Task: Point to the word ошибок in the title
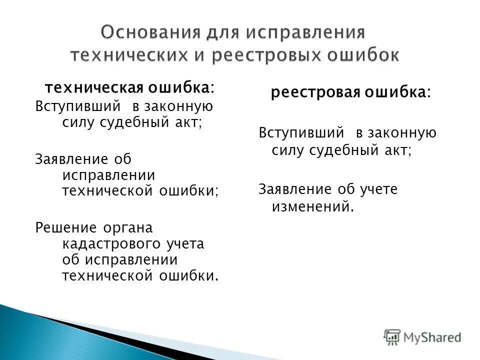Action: pos(363,54)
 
